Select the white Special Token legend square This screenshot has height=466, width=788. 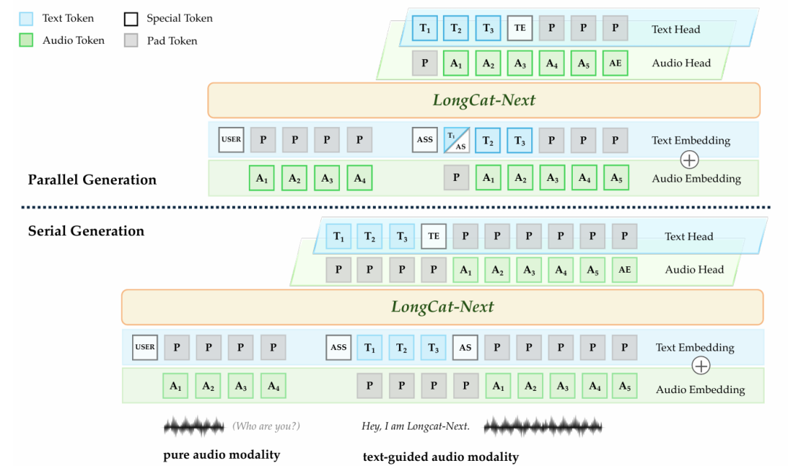pos(131,18)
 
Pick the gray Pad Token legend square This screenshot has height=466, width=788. pos(131,40)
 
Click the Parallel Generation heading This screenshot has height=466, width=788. pos(92,179)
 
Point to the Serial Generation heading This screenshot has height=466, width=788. pos(86,231)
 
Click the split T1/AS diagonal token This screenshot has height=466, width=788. pos(456,140)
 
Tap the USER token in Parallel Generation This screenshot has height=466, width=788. pos(231,140)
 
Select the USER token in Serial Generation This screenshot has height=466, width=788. pos(145,347)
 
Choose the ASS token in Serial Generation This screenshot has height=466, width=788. pos(338,347)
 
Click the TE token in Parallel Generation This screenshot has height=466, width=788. pos(519,29)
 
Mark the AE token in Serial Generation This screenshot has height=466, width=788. pos(624,269)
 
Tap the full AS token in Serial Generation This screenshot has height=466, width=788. pos(465,347)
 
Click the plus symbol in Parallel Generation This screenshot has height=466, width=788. pos(688,159)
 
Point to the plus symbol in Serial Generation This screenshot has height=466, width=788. pos(700,365)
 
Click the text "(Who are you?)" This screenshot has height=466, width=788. pos(266,426)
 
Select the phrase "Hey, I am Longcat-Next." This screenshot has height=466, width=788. pos(415,426)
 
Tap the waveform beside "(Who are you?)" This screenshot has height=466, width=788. pos(194,426)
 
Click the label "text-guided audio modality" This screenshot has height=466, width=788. pos(441,457)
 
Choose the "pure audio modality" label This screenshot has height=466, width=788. pos(222,455)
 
